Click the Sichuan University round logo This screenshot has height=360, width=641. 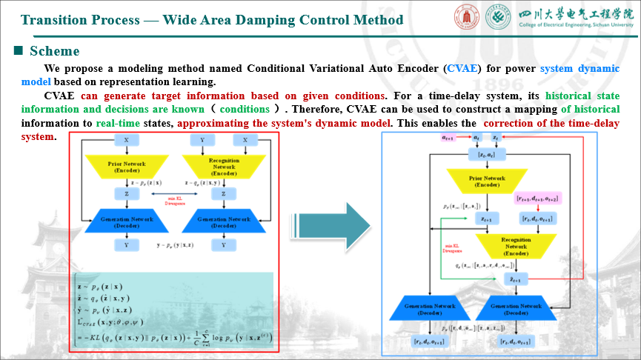coord(468,19)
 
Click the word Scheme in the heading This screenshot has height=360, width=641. coord(54,51)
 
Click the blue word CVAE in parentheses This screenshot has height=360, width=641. coord(463,69)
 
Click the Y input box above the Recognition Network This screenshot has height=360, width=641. coord(202,140)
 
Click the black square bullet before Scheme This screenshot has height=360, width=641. coord(19,51)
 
